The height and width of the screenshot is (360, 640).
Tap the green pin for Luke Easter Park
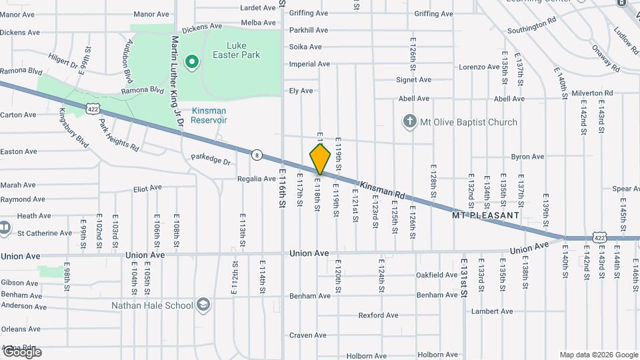pyautogui.click(x=192, y=63)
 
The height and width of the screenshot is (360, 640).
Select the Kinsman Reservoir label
pyautogui.click(x=209, y=115)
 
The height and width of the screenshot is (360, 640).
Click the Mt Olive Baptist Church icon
pyautogui.click(x=409, y=122)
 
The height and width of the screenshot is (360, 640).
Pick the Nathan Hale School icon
pyautogui.click(x=203, y=306)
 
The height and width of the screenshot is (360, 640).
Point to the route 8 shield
pyautogui.click(x=257, y=155)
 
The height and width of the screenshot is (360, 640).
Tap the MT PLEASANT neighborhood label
pyautogui.click(x=485, y=215)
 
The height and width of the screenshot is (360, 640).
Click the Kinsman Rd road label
pyautogui.click(x=383, y=189)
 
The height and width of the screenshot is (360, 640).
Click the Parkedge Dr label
pyautogui.click(x=210, y=161)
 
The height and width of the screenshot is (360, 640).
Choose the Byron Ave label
pyautogui.click(x=527, y=157)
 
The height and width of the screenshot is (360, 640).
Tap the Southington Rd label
pyautogui.click(x=531, y=26)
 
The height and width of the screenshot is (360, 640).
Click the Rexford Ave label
pyautogui.click(x=378, y=315)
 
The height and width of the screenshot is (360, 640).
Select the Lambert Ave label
pyautogui.click(x=492, y=311)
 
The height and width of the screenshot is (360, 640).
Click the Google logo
pyautogui.click(x=21, y=352)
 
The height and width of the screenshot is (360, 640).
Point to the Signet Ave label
pyautogui.click(x=414, y=80)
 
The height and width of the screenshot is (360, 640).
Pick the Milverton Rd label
pyautogui.click(x=591, y=93)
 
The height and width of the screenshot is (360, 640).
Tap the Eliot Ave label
pyautogui.click(x=147, y=189)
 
